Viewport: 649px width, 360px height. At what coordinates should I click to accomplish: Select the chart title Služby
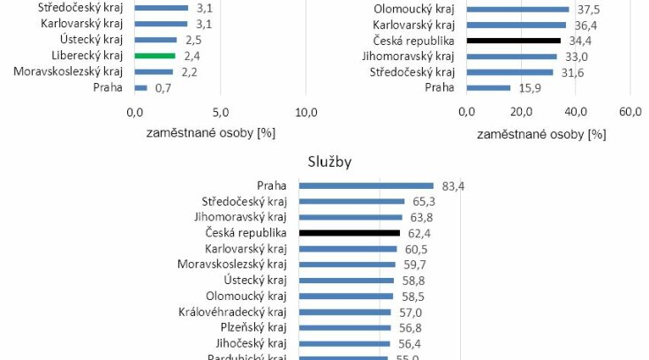(x=329, y=163)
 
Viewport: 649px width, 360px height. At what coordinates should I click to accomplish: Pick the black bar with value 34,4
(x=513, y=40)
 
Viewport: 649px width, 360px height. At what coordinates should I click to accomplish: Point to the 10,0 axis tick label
(x=306, y=112)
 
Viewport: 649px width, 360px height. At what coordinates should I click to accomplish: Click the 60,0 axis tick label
(x=630, y=112)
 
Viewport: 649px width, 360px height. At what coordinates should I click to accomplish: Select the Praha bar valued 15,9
(x=488, y=87)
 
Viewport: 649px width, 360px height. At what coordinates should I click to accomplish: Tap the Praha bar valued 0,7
(x=140, y=87)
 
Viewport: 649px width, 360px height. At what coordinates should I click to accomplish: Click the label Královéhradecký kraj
(x=232, y=312)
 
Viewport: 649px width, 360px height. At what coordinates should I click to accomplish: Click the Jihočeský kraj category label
(x=251, y=344)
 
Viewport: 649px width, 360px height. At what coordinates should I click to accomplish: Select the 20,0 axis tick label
(x=521, y=112)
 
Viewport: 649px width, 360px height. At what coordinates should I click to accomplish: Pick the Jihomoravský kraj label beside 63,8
(x=240, y=217)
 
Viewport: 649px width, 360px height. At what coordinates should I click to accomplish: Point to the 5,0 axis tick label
(x=221, y=112)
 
